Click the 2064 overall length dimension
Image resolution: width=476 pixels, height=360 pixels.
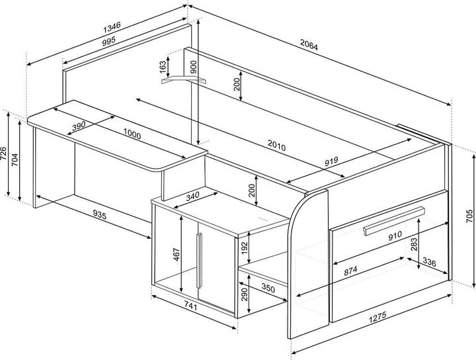coord(309,44)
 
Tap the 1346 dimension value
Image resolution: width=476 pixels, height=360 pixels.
coord(112,27)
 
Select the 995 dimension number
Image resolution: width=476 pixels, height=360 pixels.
coord(108,41)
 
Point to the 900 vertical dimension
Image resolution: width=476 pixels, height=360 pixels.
coord(194,67)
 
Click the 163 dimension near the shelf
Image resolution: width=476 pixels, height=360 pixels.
coord(163,67)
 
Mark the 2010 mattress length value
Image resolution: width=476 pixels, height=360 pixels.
coord(276,145)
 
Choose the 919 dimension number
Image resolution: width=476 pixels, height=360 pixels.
coord(331,161)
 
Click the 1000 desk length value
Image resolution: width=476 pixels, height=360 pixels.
coord(132,134)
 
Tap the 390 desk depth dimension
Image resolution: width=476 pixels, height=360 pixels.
coord(79,126)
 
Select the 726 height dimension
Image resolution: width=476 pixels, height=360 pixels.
coord(3,154)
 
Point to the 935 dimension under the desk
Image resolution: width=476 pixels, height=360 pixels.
coord(100,215)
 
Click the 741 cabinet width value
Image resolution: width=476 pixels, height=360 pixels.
coord(190,306)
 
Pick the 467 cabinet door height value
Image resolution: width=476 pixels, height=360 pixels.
coord(177,254)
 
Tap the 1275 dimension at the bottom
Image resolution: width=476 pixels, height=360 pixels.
coord(377,318)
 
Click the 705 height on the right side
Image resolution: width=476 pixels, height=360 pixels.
coord(469,216)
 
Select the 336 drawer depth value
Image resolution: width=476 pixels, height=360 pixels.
coord(429,262)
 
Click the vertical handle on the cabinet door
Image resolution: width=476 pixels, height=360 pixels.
coord(199,260)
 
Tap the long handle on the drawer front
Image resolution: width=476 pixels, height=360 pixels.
coord(394,221)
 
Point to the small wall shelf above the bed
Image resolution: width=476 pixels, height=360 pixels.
coord(183,80)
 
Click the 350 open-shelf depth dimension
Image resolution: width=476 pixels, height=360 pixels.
coord(268,287)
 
